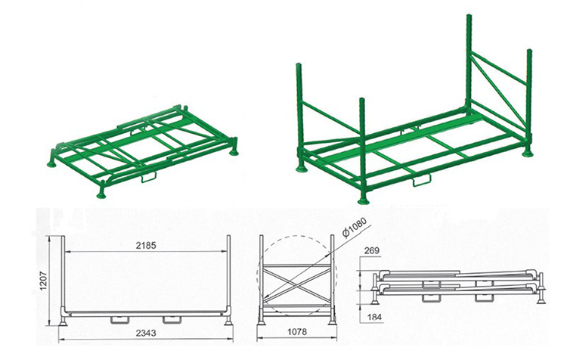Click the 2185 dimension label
click(x=146, y=246)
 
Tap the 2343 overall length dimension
click(x=146, y=333)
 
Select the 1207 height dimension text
click(x=43, y=281)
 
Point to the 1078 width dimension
click(x=297, y=332)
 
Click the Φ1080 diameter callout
click(x=355, y=228)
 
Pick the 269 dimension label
click(x=372, y=250)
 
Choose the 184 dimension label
click(x=374, y=318)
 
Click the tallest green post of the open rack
click(x=469, y=61)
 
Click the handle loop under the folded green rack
click(x=149, y=176)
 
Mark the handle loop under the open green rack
click(x=422, y=180)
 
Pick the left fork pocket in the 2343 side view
click(x=119, y=319)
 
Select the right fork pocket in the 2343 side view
click(x=172, y=319)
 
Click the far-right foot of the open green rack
click(x=528, y=154)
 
